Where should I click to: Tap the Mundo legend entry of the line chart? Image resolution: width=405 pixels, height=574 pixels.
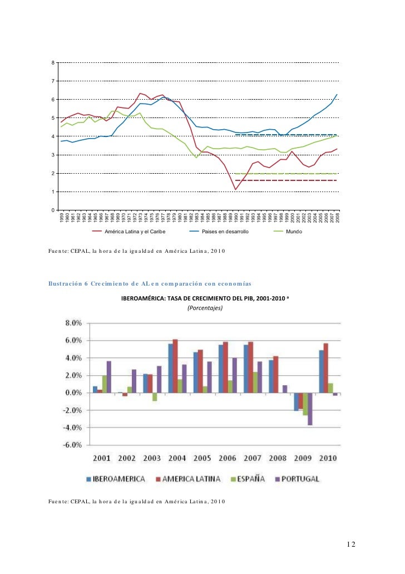294,230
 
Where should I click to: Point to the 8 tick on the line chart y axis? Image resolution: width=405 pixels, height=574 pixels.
53,62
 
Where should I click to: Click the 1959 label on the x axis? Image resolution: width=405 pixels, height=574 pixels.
62,218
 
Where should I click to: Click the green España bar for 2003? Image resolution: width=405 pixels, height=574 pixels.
155,397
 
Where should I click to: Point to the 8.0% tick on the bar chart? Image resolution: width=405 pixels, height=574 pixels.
74,323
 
